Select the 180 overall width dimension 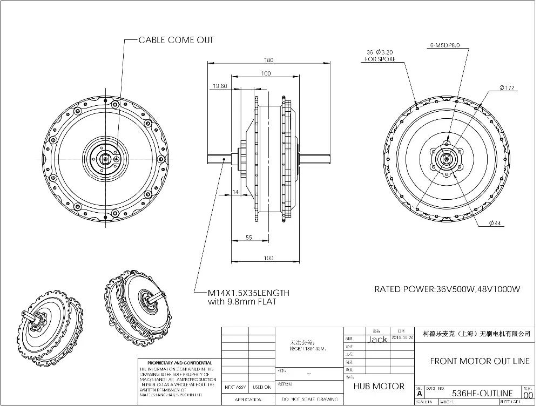268,60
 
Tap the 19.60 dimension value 220,86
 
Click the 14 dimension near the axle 235,192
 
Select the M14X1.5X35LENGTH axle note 248,293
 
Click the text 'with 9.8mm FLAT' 242,302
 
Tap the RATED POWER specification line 447,289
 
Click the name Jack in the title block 377,340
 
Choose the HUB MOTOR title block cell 379,386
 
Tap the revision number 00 528,395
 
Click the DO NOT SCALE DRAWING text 308,400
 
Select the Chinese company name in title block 476,335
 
